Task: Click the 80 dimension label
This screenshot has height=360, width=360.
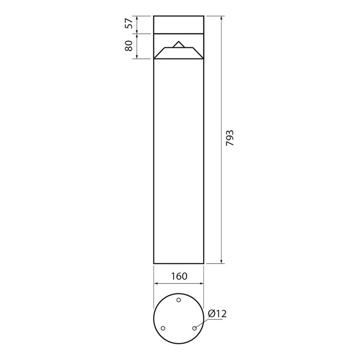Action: tap(129, 46)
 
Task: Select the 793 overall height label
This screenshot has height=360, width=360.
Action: tap(230, 138)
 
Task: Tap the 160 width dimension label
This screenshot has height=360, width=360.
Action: tap(179, 276)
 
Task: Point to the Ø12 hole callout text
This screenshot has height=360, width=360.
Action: tap(217, 314)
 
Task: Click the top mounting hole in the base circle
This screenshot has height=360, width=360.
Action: tap(179, 300)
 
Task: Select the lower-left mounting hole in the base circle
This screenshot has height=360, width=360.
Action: tap(163, 328)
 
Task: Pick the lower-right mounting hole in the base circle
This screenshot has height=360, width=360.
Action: tap(194, 328)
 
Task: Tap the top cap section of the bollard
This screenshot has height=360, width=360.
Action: tap(179, 25)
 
